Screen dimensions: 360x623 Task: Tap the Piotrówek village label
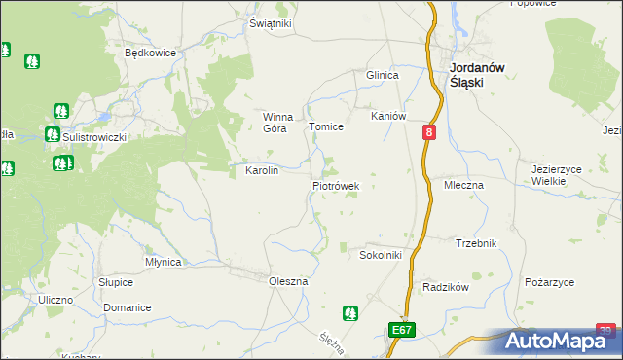337,185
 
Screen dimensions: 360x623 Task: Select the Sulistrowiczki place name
94,137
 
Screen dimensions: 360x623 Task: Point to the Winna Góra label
278,123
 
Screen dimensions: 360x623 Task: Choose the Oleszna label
288,281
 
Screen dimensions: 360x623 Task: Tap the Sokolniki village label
382,255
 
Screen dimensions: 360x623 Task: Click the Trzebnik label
476,243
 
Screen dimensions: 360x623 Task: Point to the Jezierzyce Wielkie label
556,174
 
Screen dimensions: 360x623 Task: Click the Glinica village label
383,75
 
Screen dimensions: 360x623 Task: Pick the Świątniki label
271,23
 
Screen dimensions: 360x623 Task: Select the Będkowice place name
149,54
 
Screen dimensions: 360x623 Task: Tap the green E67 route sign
402,331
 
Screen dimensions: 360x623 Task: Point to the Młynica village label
163,262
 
